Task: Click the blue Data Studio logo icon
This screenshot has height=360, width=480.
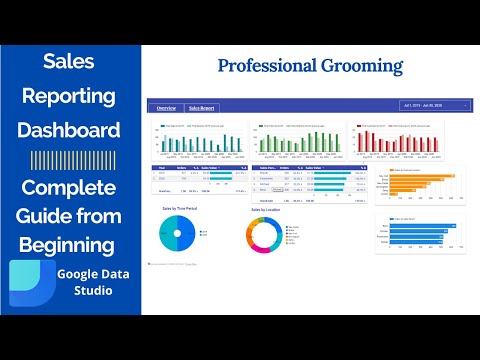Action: point(30,286)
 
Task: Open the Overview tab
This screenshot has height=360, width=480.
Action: point(165,107)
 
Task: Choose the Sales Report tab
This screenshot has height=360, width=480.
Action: point(202,107)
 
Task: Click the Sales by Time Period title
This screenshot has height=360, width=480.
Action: point(179,209)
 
